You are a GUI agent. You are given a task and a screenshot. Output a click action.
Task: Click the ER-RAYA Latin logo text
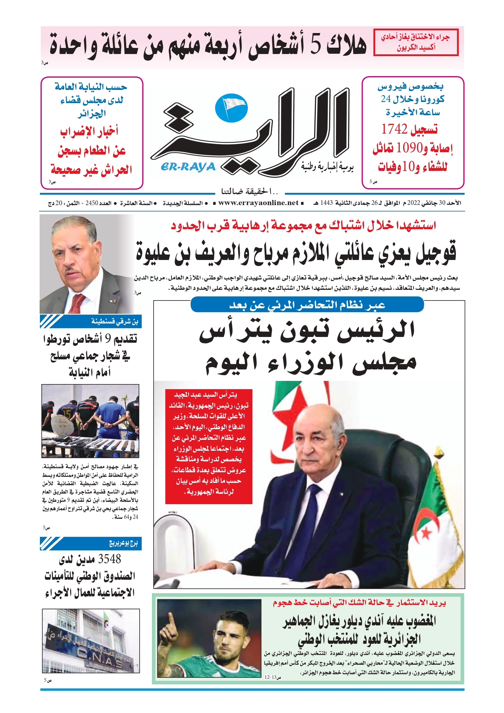click(x=188, y=167)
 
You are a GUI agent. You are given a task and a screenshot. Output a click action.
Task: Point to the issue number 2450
click(x=92, y=203)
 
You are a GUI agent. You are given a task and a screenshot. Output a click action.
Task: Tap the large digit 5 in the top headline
click(x=316, y=45)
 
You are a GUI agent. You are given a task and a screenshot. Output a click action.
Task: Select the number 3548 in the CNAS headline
click(x=109, y=559)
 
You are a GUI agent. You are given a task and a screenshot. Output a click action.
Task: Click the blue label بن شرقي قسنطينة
click(x=115, y=321)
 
